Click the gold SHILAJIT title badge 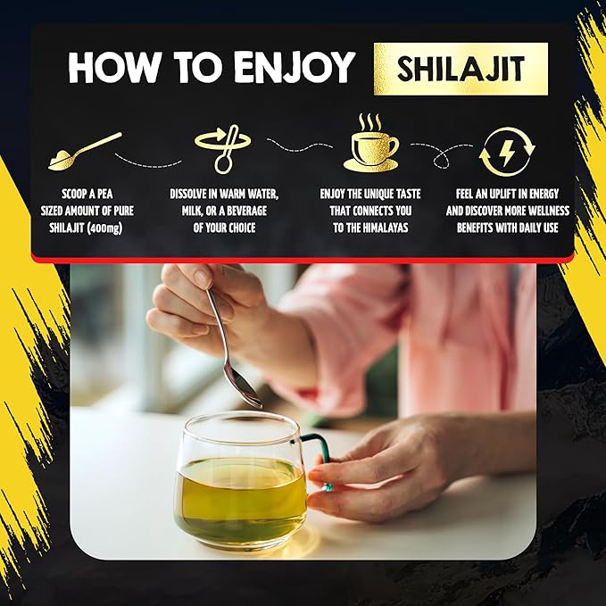460,69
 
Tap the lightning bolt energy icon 506,152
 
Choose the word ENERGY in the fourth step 546,192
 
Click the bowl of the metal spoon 244,389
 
